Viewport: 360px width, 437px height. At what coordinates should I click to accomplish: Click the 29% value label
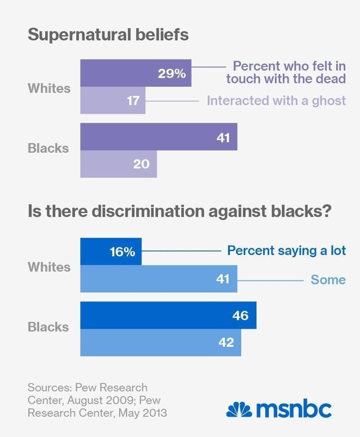click(172, 73)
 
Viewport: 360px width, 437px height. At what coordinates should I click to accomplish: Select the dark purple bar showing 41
click(159, 137)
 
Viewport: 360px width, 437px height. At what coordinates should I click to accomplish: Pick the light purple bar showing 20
click(118, 164)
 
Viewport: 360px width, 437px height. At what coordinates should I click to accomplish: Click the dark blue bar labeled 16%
click(111, 252)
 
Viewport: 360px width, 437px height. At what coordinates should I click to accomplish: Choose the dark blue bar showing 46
click(168, 315)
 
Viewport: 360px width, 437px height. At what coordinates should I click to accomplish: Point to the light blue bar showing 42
click(161, 342)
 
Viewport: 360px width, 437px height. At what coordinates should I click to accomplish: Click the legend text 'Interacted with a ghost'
click(276, 100)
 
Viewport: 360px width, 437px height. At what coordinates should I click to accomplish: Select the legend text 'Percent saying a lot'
click(287, 250)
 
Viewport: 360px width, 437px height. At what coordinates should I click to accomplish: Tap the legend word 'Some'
click(328, 279)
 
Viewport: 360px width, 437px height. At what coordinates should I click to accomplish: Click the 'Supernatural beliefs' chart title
click(108, 35)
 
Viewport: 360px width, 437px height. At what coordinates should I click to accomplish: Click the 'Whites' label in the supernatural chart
click(49, 88)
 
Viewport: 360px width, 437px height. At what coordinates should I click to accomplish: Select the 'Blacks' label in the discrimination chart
click(48, 327)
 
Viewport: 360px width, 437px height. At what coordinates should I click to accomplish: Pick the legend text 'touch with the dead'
click(286, 79)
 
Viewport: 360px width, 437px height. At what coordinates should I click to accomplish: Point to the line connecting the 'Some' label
click(271, 279)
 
